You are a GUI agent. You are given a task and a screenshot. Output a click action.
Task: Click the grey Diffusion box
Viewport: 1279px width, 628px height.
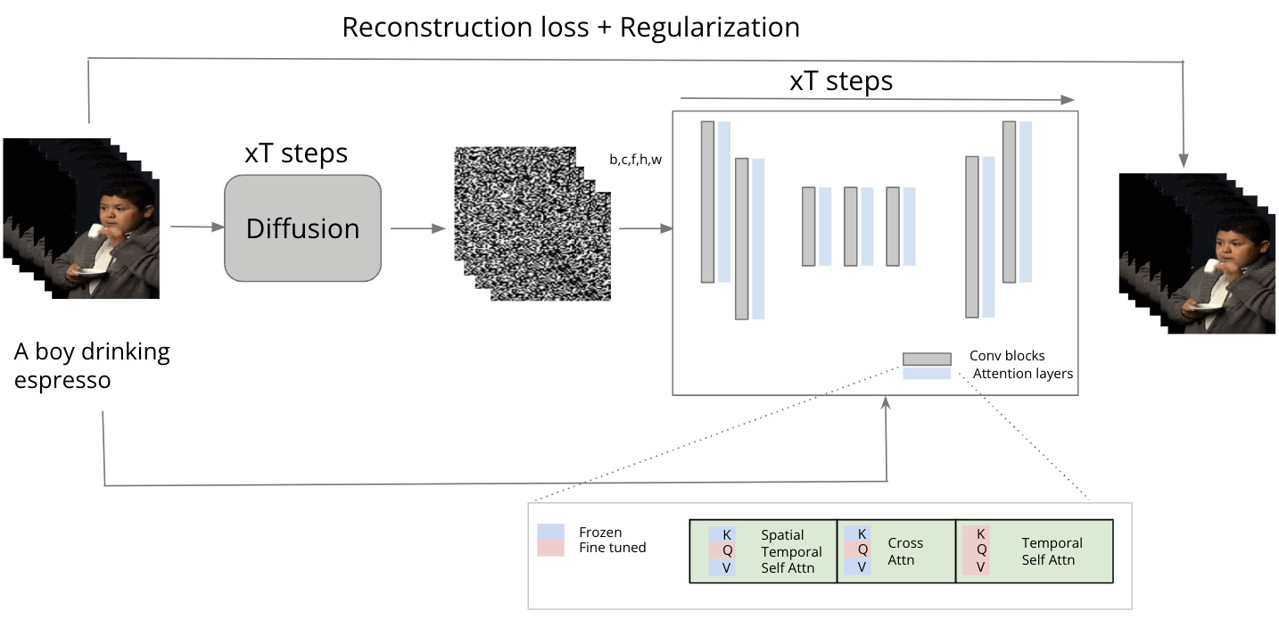(302, 227)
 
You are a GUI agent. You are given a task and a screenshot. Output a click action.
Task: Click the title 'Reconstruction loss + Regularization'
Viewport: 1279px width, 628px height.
(571, 28)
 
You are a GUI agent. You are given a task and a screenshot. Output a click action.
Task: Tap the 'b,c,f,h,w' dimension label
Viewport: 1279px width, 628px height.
(636, 160)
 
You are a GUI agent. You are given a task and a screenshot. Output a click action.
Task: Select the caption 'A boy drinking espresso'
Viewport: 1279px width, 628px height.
(92, 366)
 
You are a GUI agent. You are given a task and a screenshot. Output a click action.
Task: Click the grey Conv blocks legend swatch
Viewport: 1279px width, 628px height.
(927, 359)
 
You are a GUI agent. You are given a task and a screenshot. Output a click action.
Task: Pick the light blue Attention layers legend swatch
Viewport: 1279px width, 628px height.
(927, 373)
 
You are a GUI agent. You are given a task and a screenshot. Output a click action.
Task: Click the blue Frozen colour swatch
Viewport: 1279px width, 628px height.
(550, 532)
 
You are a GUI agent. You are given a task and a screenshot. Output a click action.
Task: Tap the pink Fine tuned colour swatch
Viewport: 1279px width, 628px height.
(550, 548)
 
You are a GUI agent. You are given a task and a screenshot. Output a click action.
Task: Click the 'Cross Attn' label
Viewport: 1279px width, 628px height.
(905, 551)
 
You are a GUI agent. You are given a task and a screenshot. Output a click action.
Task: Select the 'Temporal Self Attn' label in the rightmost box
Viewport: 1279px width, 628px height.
(1052, 551)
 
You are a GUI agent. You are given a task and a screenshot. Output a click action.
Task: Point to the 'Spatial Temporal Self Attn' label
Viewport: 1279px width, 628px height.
(791, 551)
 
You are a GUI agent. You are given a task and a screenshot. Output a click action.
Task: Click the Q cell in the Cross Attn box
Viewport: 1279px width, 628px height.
(862, 549)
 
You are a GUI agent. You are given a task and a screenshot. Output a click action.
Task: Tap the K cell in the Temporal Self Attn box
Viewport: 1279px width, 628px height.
(980, 533)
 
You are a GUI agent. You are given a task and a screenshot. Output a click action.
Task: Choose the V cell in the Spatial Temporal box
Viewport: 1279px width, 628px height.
(726, 568)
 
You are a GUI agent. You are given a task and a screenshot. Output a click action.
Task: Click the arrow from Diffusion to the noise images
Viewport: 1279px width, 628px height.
(418, 228)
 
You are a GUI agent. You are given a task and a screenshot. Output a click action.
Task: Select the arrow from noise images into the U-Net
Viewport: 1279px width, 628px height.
(646, 228)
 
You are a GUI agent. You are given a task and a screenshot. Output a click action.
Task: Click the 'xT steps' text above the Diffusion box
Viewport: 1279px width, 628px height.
(296, 153)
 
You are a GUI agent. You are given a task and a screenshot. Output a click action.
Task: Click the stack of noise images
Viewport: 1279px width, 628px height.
(532, 223)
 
